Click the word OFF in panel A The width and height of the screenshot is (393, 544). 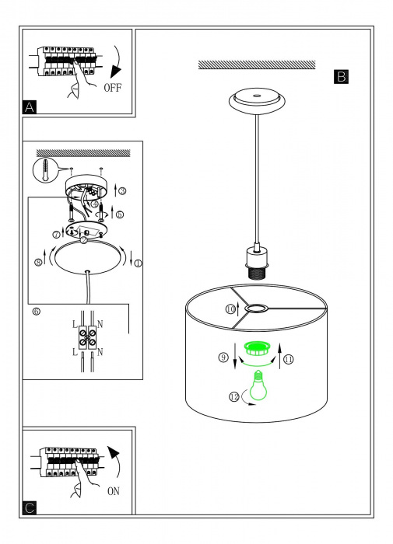pyautogui.click(x=113, y=87)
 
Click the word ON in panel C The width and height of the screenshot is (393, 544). pyautogui.click(x=114, y=491)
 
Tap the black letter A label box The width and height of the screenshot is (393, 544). pyautogui.click(x=30, y=107)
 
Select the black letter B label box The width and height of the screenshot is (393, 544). pyautogui.click(x=341, y=77)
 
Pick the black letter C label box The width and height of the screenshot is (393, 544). pyautogui.click(x=30, y=508)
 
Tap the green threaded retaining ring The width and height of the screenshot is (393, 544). pyautogui.click(x=258, y=347)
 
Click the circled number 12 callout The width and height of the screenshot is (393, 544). pyautogui.click(x=234, y=396)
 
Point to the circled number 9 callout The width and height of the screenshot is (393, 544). pyautogui.click(x=223, y=357)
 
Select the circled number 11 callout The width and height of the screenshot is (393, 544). pyautogui.click(x=289, y=359)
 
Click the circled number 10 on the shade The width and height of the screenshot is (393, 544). pyautogui.click(x=230, y=309)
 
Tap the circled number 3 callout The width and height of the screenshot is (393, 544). pyautogui.click(x=122, y=190)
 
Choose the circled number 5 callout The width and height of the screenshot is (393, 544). pyautogui.click(x=119, y=214)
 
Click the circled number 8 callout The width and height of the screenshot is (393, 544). pyautogui.click(x=38, y=263)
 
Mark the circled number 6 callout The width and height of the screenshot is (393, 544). pyautogui.click(x=36, y=312)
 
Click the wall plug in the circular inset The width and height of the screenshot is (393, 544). pyautogui.click(x=45, y=169)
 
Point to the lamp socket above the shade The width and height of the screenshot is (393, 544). pyautogui.click(x=257, y=263)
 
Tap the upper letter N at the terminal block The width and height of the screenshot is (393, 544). pyautogui.click(x=100, y=324)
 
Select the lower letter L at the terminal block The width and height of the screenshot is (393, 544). pyautogui.click(x=75, y=353)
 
